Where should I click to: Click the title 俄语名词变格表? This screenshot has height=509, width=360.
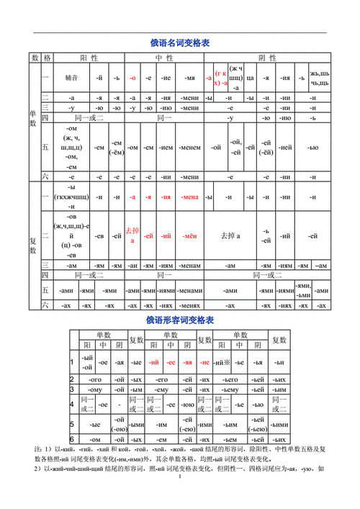click(x=179, y=44)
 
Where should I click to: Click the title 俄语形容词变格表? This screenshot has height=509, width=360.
click(x=179, y=320)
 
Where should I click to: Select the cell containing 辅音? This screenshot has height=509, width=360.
click(x=71, y=77)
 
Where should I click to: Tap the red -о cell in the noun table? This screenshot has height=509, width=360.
click(x=132, y=77)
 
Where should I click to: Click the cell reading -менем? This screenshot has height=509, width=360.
click(x=190, y=148)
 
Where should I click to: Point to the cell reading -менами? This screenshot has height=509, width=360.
click(x=190, y=291)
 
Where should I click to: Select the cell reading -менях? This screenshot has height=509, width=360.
click(x=190, y=306)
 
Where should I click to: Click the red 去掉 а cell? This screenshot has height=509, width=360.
click(x=132, y=235)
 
